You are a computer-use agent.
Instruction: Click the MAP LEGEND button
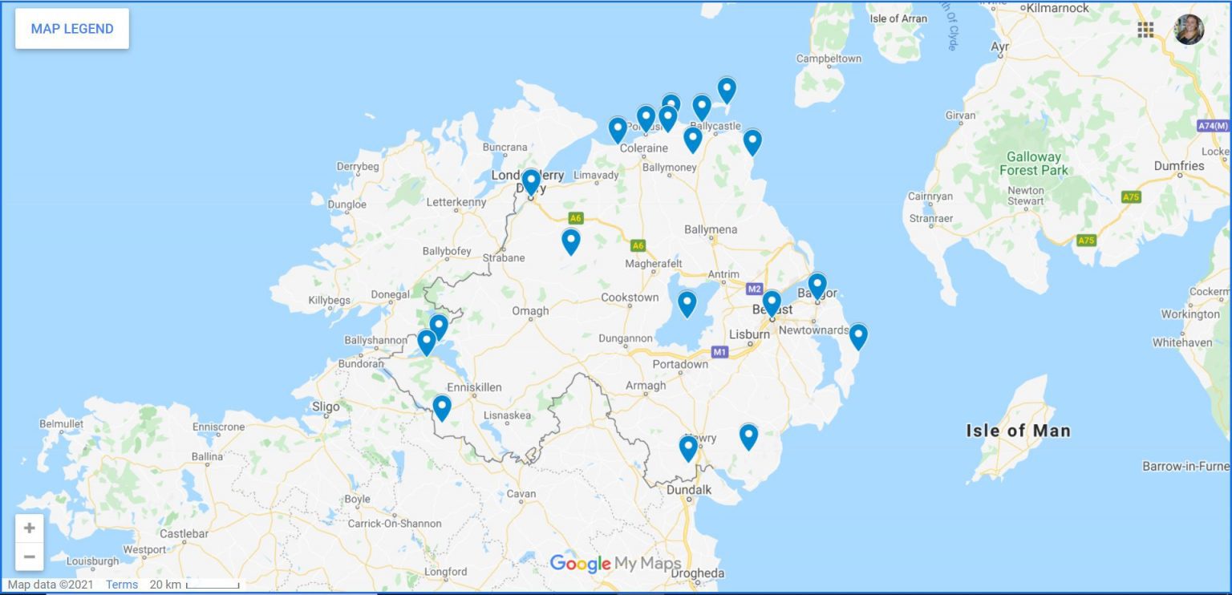[72, 29]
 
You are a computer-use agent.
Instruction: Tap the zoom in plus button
[29, 528]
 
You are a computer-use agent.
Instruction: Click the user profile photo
[1189, 30]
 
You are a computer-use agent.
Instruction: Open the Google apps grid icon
[1145, 30]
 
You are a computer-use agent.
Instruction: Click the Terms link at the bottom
[122, 585]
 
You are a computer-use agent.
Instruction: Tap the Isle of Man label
[1018, 431]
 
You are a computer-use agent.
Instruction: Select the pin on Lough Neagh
[687, 303]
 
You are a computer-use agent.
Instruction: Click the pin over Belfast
[772, 302]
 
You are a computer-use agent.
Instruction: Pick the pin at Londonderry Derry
[530, 181]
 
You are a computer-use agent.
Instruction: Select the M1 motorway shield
[719, 352]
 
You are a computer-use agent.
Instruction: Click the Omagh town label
[530, 311]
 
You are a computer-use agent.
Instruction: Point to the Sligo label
[326, 407]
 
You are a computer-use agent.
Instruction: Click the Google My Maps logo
[615, 564]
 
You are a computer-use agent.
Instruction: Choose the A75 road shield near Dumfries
[1131, 196]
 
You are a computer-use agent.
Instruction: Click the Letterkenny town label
[456, 202]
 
